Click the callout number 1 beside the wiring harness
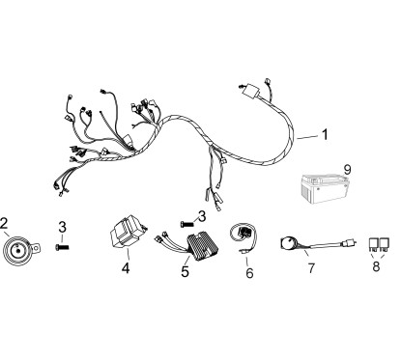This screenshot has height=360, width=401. [x=325, y=134]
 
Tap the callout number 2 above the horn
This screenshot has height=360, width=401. [x=4, y=223]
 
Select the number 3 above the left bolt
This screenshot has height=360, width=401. [x=62, y=228]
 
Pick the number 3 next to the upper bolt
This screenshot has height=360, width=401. [x=202, y=216]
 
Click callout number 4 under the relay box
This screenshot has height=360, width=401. [x=126, y=268]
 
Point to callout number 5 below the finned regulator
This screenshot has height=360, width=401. [x=185, y=271]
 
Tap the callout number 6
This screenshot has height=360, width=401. [x=249, y=273]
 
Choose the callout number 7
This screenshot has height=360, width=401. [x=311, y=268]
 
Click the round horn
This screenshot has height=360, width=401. [x=16, y=250]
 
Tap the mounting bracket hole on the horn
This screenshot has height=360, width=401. [x=37, y=248]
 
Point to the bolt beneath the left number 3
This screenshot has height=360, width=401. [x=62, y=247]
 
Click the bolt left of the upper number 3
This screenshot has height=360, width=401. [x=187, y=223]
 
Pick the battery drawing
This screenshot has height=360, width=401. [x=325, y=189]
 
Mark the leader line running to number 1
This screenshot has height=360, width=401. [x=307, y=137]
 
